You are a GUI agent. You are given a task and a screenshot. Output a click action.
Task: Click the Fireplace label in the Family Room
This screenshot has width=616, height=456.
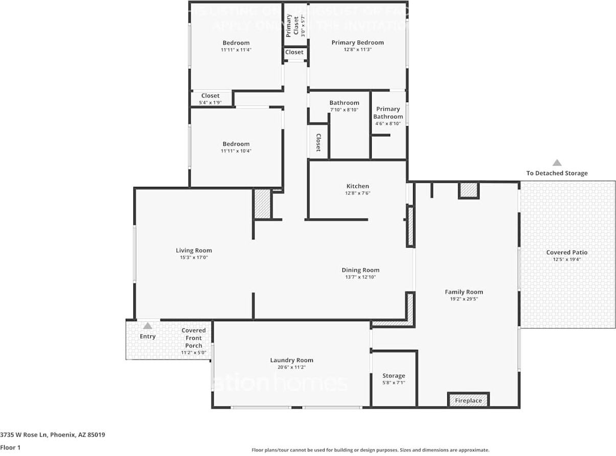pyautogui.click(x=468, y=400)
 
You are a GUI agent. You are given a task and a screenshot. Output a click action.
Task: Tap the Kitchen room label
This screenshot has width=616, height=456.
pyautogui.click(x=357, y=186)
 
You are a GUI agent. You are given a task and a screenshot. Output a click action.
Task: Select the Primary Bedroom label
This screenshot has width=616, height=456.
pyautogui.click(x=357, y=42)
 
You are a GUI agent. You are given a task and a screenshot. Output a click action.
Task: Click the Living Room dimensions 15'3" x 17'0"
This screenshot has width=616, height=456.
pyautogui.click(x=193, y=258)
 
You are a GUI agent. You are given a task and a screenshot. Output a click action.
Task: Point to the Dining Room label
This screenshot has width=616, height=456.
pyautogui.click(x=360, y=270)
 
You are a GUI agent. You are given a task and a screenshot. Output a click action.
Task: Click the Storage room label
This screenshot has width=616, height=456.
pyautogui.click(x=393, y=376)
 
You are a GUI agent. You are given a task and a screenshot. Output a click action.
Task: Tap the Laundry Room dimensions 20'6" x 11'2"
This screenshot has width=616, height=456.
pyautogui.click(x=291, y=367)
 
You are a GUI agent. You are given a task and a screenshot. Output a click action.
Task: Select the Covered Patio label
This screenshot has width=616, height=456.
pyautogui.click(x=566, y=252)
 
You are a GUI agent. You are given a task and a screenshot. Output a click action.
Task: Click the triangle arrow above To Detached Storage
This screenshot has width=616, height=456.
pyautogui.click(x=557, y=163)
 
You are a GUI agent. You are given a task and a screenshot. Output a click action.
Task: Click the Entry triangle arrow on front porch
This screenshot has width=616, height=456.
pyautogui.click(x=147, y=326)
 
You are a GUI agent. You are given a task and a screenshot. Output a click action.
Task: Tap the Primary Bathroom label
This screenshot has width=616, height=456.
pyautogui.click(x=388, y=112)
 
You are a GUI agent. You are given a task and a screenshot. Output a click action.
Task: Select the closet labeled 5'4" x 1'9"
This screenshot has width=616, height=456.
pyautogui.click(x=210, y=99)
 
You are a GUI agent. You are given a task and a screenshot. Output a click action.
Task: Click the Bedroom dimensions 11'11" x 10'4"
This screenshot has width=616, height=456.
pyautogui.click(x=236, y=151)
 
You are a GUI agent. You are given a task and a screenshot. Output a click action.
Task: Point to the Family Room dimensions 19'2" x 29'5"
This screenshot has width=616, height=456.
pyautogui.click(x=464, y=299)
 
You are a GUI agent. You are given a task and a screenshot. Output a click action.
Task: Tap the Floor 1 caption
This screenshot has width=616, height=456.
pyautogui.click(x=10, y=447)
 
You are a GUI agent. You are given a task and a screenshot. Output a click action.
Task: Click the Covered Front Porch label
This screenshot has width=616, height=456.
pyautogui.click(x=194, y=338)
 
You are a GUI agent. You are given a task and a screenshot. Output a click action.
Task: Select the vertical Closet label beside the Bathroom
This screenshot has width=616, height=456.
pyautogui.click(x=318, y=143)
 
